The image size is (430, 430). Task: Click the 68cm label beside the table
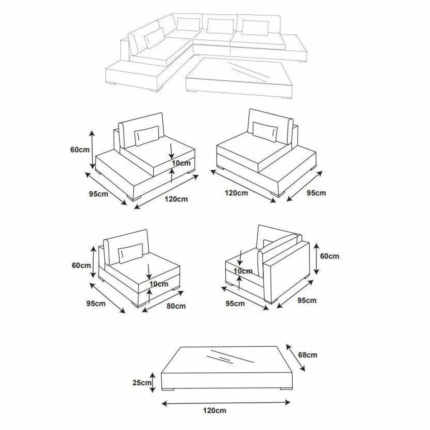click(308, 355)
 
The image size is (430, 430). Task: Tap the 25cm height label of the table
click(142, 383)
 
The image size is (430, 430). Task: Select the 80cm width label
click(176, 306)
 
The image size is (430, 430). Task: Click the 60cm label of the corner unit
click(329, 256)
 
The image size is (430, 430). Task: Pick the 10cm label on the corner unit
click(243, 271)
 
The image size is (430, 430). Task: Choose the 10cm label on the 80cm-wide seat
click(159, 284)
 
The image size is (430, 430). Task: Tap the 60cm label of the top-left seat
click(80, 150)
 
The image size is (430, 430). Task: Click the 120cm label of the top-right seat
click(236, 193)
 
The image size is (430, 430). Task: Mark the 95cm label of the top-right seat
click(316, 193)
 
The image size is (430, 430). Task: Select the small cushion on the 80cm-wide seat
click(130, 253)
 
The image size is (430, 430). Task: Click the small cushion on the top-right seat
click(265, 132)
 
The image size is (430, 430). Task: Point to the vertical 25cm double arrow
click(153, 382)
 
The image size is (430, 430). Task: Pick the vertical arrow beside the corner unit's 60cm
click(316, 259)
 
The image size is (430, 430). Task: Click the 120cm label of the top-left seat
click(176, 199)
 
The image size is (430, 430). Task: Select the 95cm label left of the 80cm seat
click(96, 303)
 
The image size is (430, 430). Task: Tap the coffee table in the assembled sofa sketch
click(239, 78)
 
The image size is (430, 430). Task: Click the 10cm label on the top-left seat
click(181, 163)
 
